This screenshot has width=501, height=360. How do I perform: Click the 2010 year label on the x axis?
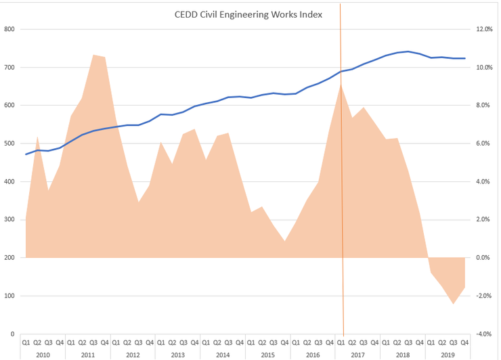click(x=43, y=354)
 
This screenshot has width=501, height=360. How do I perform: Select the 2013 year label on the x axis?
click(x=177, y=354)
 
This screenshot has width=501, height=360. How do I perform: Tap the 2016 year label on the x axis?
click(x=312, y=354)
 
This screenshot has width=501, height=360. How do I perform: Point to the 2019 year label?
click(x=448, y=354)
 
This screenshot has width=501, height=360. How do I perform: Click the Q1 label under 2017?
click(x=341, y=342)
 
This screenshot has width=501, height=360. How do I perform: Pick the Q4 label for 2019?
click(x=465, y=342)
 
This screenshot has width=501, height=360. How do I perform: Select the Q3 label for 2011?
click(x=93, y=342)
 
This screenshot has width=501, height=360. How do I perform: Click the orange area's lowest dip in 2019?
click(x=453, y=304)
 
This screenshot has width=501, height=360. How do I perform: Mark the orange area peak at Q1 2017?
click(x=341, y=84)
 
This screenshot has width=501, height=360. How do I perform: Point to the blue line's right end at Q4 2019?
click(x=465, y=58)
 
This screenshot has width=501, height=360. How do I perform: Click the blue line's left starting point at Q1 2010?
click(x=26, y=154)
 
